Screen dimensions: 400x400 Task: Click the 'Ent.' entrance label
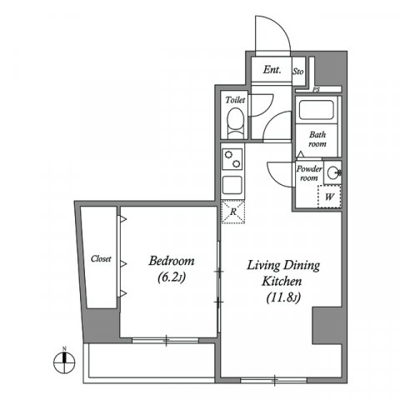[x=272, y=70]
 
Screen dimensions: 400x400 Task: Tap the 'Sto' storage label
[x=298, y=72]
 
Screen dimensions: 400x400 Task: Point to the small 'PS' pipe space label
[x=316, y=89]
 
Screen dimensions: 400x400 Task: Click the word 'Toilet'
[x=235, y=100]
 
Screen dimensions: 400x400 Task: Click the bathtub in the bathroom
[x=315, y=112]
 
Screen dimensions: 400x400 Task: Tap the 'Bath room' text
[x=317, y=138]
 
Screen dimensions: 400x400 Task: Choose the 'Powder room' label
[x=309, y=172]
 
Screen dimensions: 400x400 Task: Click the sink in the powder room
[x=333, y=173]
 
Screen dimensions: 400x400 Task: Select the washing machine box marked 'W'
[x=330, y=197]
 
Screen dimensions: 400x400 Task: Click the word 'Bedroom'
[x=172, y=261]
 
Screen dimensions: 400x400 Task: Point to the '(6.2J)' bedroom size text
[x=172, y=280]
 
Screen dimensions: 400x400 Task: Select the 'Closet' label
[x=101, y=259]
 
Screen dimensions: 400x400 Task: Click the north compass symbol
[x=59, y=361]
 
